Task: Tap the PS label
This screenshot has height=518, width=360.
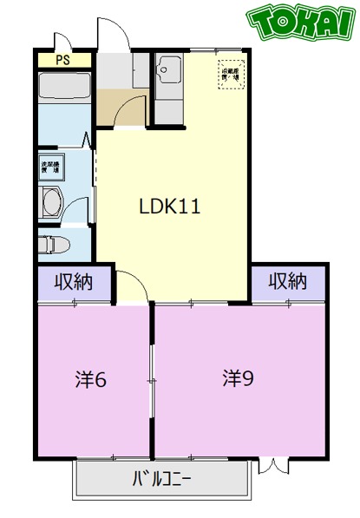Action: click(x=62, y=60)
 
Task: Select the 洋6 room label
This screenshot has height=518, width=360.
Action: click(x=91, y=379)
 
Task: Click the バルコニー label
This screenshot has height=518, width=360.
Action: click(x=162, y=477)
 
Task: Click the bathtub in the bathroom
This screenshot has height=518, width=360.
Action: click(x=63, y=88)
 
